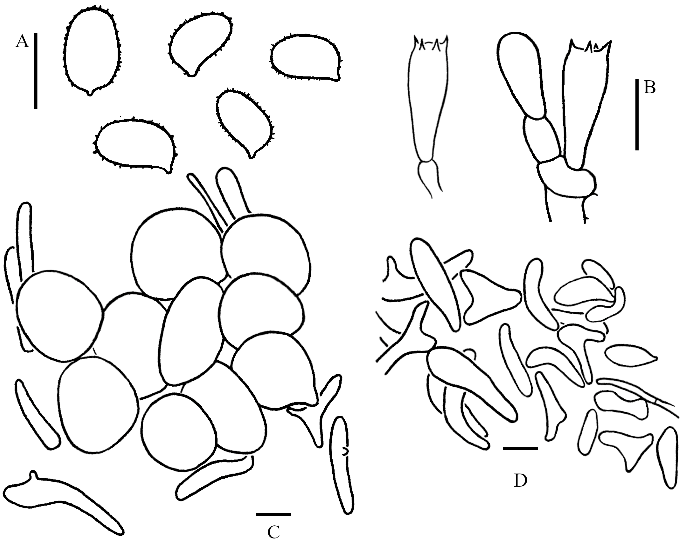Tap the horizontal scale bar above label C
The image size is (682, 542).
coord(273,514)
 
